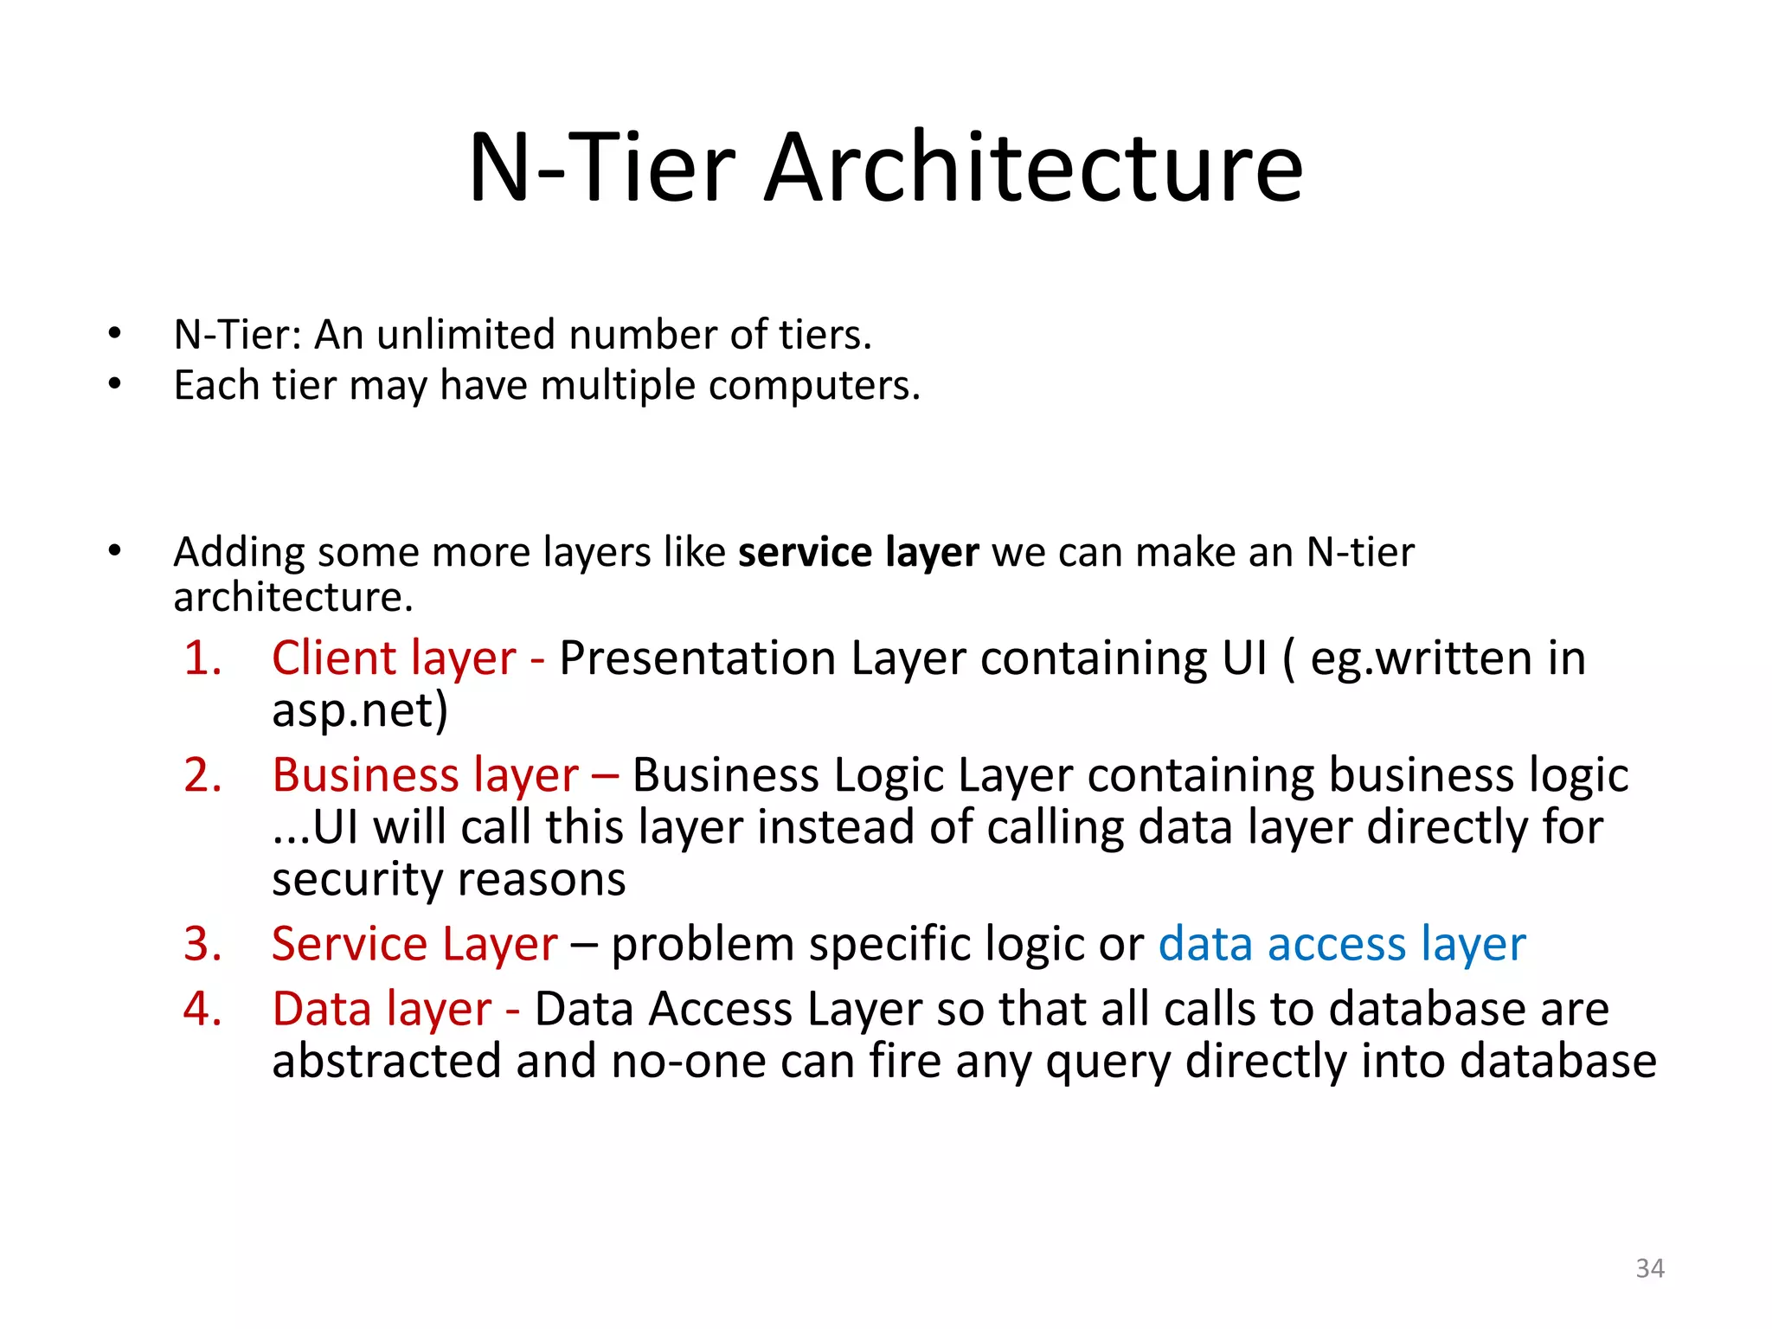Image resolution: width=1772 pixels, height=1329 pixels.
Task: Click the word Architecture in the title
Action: [x=1033, y=168]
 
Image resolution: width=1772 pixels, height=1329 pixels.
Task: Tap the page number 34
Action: [x=1650, y=1268]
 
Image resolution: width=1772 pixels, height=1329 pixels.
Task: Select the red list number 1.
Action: [x=202, y=658]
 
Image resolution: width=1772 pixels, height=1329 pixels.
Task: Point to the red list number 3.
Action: [x=202, y=944]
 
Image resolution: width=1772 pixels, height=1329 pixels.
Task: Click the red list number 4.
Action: [x=202, y=1010]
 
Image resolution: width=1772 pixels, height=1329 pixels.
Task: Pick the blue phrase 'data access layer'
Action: [x=1342, y=944]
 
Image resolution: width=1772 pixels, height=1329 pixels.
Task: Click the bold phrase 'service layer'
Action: [x=858, y=552]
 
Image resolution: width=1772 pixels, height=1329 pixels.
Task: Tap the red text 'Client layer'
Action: [x=394, y=658]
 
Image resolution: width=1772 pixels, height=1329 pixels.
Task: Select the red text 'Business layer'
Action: [x=425, y=775]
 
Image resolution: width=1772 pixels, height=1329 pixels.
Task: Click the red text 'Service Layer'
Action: [x=414, y=944]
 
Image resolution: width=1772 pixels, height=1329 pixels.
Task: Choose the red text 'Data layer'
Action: [x=382, y=1010]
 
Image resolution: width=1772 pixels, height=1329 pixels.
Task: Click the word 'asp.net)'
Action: [x=360, y=711]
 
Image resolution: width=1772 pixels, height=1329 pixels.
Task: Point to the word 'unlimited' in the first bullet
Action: [x=465, y=335]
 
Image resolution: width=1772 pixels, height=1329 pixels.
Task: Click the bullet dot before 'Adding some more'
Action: [x=114, y=551]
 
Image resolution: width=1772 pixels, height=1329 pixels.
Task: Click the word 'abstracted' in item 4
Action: [x=387, y=1062]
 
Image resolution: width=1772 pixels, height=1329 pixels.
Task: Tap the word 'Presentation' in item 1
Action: [x=697, y=659]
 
